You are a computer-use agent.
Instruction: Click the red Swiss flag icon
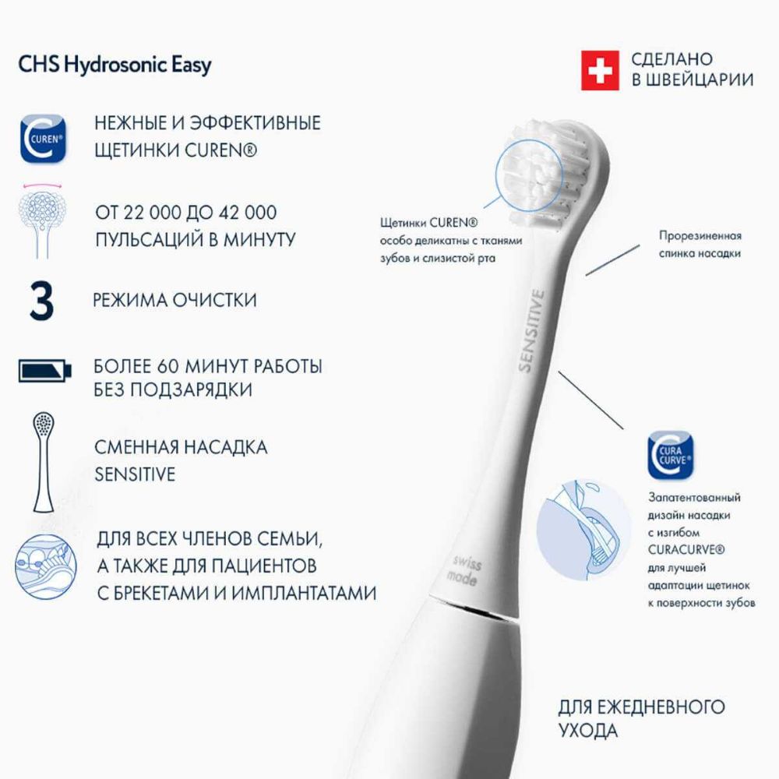click(600, 71)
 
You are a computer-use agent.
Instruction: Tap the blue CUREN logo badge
click(43, 139)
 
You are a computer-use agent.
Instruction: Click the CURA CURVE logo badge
click(671, 455)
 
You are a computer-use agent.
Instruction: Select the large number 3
click(41, 301)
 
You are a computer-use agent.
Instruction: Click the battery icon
click(45, 370)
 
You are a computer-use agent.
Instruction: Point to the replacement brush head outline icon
click(43, 462)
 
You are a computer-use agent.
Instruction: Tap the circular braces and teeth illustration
click(46, 567)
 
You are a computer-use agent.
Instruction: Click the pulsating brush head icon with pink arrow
click(42, 220)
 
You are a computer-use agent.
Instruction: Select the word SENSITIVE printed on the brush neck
click(532, 330)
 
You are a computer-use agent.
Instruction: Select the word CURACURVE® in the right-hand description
click(686, 550)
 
